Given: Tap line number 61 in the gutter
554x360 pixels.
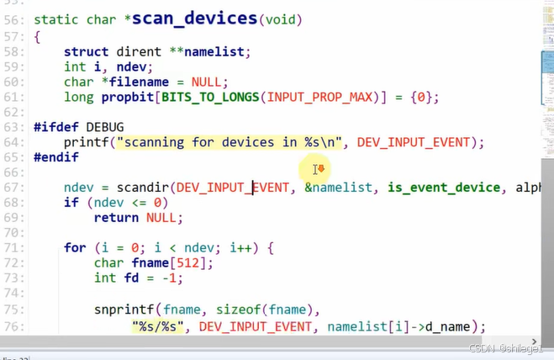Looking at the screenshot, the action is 13,98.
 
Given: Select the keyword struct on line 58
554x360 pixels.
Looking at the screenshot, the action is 86,51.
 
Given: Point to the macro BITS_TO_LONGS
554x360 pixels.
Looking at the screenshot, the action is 210,98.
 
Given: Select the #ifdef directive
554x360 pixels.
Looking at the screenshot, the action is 56,126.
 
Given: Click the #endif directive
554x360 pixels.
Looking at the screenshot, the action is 56,157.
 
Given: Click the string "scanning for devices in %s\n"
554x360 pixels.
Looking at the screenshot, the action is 230,142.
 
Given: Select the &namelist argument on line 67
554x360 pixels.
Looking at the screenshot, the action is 338,188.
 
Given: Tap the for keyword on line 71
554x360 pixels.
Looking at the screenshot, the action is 75,248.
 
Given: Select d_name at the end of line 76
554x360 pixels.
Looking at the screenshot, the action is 455,326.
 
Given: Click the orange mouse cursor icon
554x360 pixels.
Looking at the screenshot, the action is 319,170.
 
